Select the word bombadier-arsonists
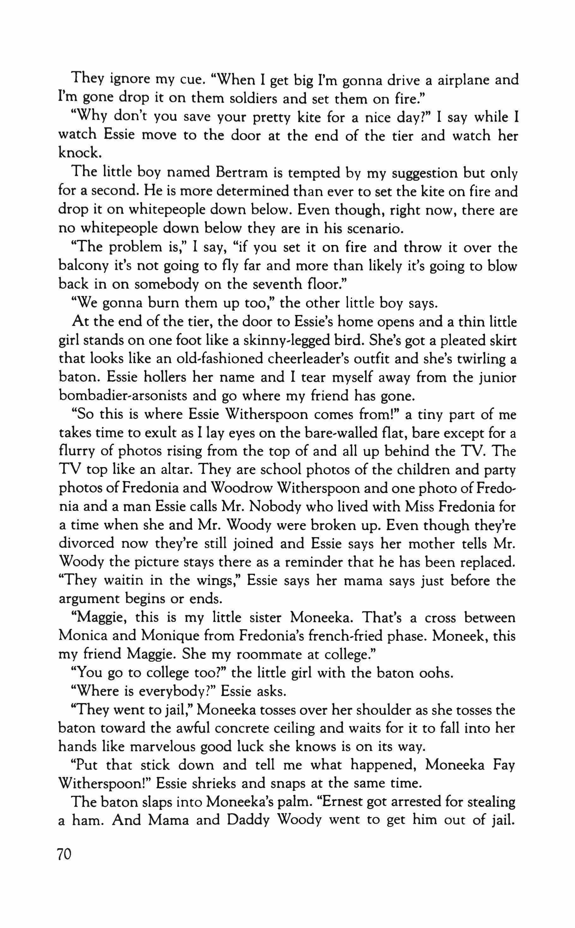pos(123,396)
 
